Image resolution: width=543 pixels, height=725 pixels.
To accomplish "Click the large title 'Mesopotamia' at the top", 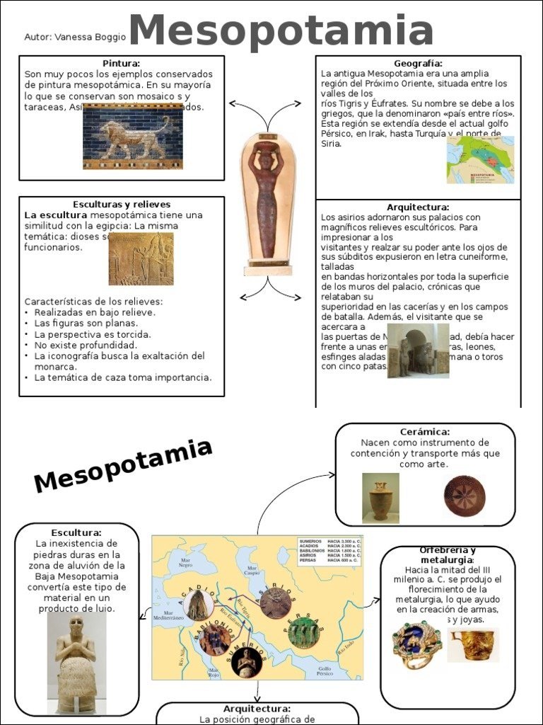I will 281,31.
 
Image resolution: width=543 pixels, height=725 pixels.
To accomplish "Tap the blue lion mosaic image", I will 132,137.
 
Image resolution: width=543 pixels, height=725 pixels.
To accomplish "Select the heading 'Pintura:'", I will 121,64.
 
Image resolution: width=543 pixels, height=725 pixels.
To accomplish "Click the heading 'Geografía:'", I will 418,64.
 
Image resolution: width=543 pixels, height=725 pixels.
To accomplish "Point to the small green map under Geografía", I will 479,161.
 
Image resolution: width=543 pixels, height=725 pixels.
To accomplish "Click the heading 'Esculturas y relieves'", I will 122,205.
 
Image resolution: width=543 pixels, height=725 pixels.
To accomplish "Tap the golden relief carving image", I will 141,259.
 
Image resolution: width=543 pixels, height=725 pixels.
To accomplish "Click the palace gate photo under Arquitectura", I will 418,351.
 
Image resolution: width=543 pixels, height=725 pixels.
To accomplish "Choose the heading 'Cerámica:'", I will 424,432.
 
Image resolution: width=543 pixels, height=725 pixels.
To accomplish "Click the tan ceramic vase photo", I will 380,498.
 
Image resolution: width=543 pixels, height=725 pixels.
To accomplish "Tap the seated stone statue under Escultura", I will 76,662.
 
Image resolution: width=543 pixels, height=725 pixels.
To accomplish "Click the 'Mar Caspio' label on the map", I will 252,571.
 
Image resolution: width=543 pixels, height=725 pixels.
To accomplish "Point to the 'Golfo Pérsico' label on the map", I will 324,669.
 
